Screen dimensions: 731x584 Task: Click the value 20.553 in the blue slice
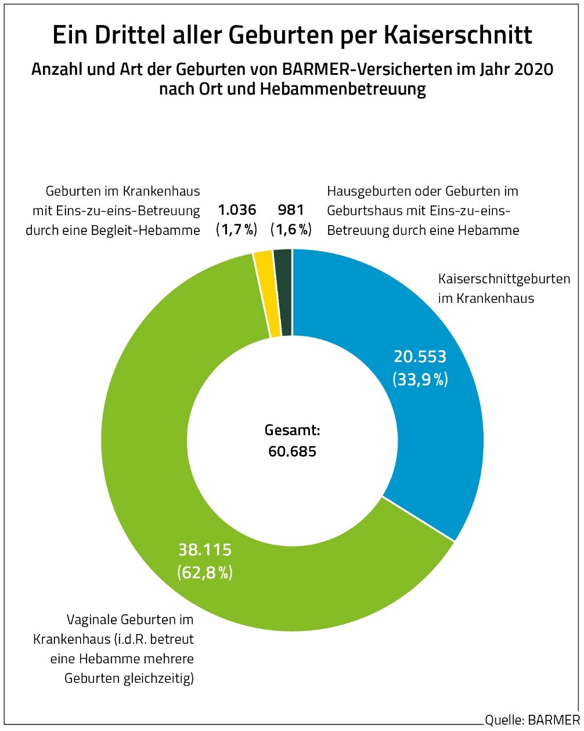coord(420,356)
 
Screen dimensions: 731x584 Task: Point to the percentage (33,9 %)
coord(420,379)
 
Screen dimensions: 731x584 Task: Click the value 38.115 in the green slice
coord(204,549)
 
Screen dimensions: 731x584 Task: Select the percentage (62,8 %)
coord(204,573)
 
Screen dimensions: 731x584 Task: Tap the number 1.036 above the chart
coord(236,210)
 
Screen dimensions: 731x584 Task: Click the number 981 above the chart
coord(291,210)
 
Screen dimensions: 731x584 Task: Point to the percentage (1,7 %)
coord(236,230)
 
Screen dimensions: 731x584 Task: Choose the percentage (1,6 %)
coord(291,230)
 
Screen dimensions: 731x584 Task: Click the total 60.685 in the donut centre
coord(292,451)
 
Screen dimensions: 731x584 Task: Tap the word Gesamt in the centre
coord(292,431)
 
